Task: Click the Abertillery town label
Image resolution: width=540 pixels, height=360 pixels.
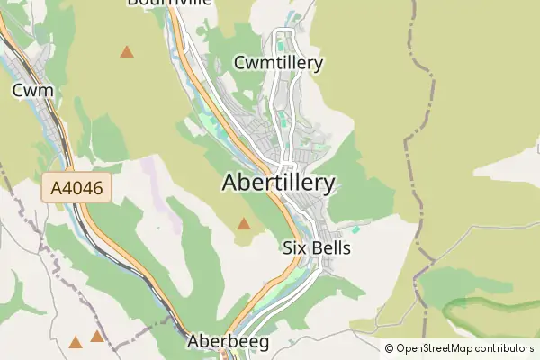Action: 278,183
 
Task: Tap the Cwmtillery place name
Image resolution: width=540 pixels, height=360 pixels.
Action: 277,63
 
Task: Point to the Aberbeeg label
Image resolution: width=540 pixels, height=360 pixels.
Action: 228,342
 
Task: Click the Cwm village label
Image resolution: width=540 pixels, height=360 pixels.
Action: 32,90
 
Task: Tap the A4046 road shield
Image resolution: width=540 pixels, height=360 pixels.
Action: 76,189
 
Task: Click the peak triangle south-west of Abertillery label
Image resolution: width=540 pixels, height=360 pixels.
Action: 243,223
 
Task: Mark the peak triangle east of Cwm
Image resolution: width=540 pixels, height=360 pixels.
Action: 127,52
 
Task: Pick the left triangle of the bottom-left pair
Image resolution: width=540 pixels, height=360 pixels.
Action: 76,342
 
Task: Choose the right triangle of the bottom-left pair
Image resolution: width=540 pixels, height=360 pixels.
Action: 96,337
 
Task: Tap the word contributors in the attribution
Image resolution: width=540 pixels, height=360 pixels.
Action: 505,348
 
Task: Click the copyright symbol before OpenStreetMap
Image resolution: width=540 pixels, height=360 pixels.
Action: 390,348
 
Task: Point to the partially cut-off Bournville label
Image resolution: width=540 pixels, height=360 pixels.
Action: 170,3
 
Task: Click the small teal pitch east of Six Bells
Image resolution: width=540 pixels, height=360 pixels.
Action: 355,229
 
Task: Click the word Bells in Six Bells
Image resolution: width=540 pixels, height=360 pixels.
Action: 329,247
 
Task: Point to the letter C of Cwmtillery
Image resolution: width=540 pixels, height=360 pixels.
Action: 239,63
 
